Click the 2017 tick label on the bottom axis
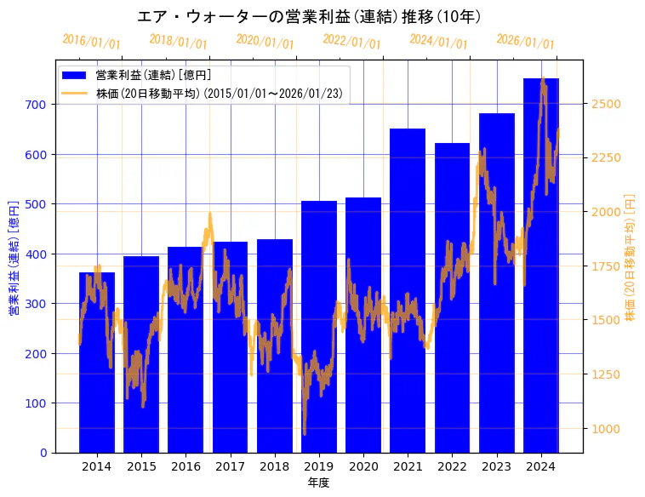[x=230, y=466]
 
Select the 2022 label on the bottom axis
[x=452, y=466]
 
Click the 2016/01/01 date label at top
[x=92, y=41]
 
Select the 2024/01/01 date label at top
[x=439, y=41]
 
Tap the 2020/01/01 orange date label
[x=265, y=41]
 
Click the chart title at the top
[x=310, y=17]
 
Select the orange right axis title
[x=631, y=255]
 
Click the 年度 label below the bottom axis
[x=318, y=483]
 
